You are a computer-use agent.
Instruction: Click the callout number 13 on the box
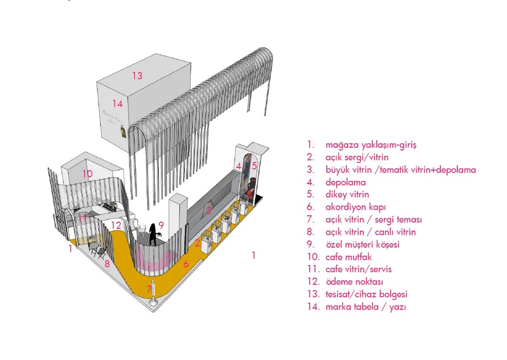[x=137, y=76]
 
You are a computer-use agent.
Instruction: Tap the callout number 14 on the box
[x=117, y=104]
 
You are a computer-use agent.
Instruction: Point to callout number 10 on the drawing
[x=87, y=174]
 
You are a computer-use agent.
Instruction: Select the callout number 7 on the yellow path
[x=149, y=290]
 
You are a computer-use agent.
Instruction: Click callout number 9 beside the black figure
[x=161, y=225]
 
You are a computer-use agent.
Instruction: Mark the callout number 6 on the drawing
[x=186, y=264]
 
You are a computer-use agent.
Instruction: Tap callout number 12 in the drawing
[x=116, y=225]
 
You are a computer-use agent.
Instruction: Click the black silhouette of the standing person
[x=153, y=234]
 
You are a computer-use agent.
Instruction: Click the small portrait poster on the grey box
[x=123, y=133]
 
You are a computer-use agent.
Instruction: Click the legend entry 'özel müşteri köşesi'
[x=362, y=244]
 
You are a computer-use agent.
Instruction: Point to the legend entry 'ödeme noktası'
[x=354, y=282]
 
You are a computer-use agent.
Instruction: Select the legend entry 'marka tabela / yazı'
[x=366, y=307]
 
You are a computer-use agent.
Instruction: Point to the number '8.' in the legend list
[x=311, y=232]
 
